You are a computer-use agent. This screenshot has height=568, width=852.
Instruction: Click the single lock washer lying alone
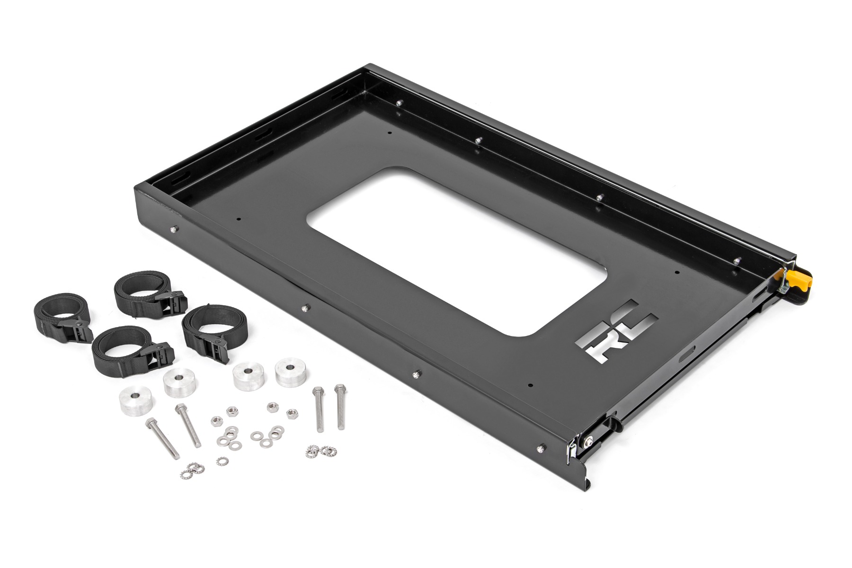click(x=221, y=460)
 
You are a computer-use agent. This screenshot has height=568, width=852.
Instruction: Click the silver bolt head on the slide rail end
click(x=588, y=442)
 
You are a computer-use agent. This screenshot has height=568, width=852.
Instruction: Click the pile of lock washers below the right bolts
click(x=319, y=451)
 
